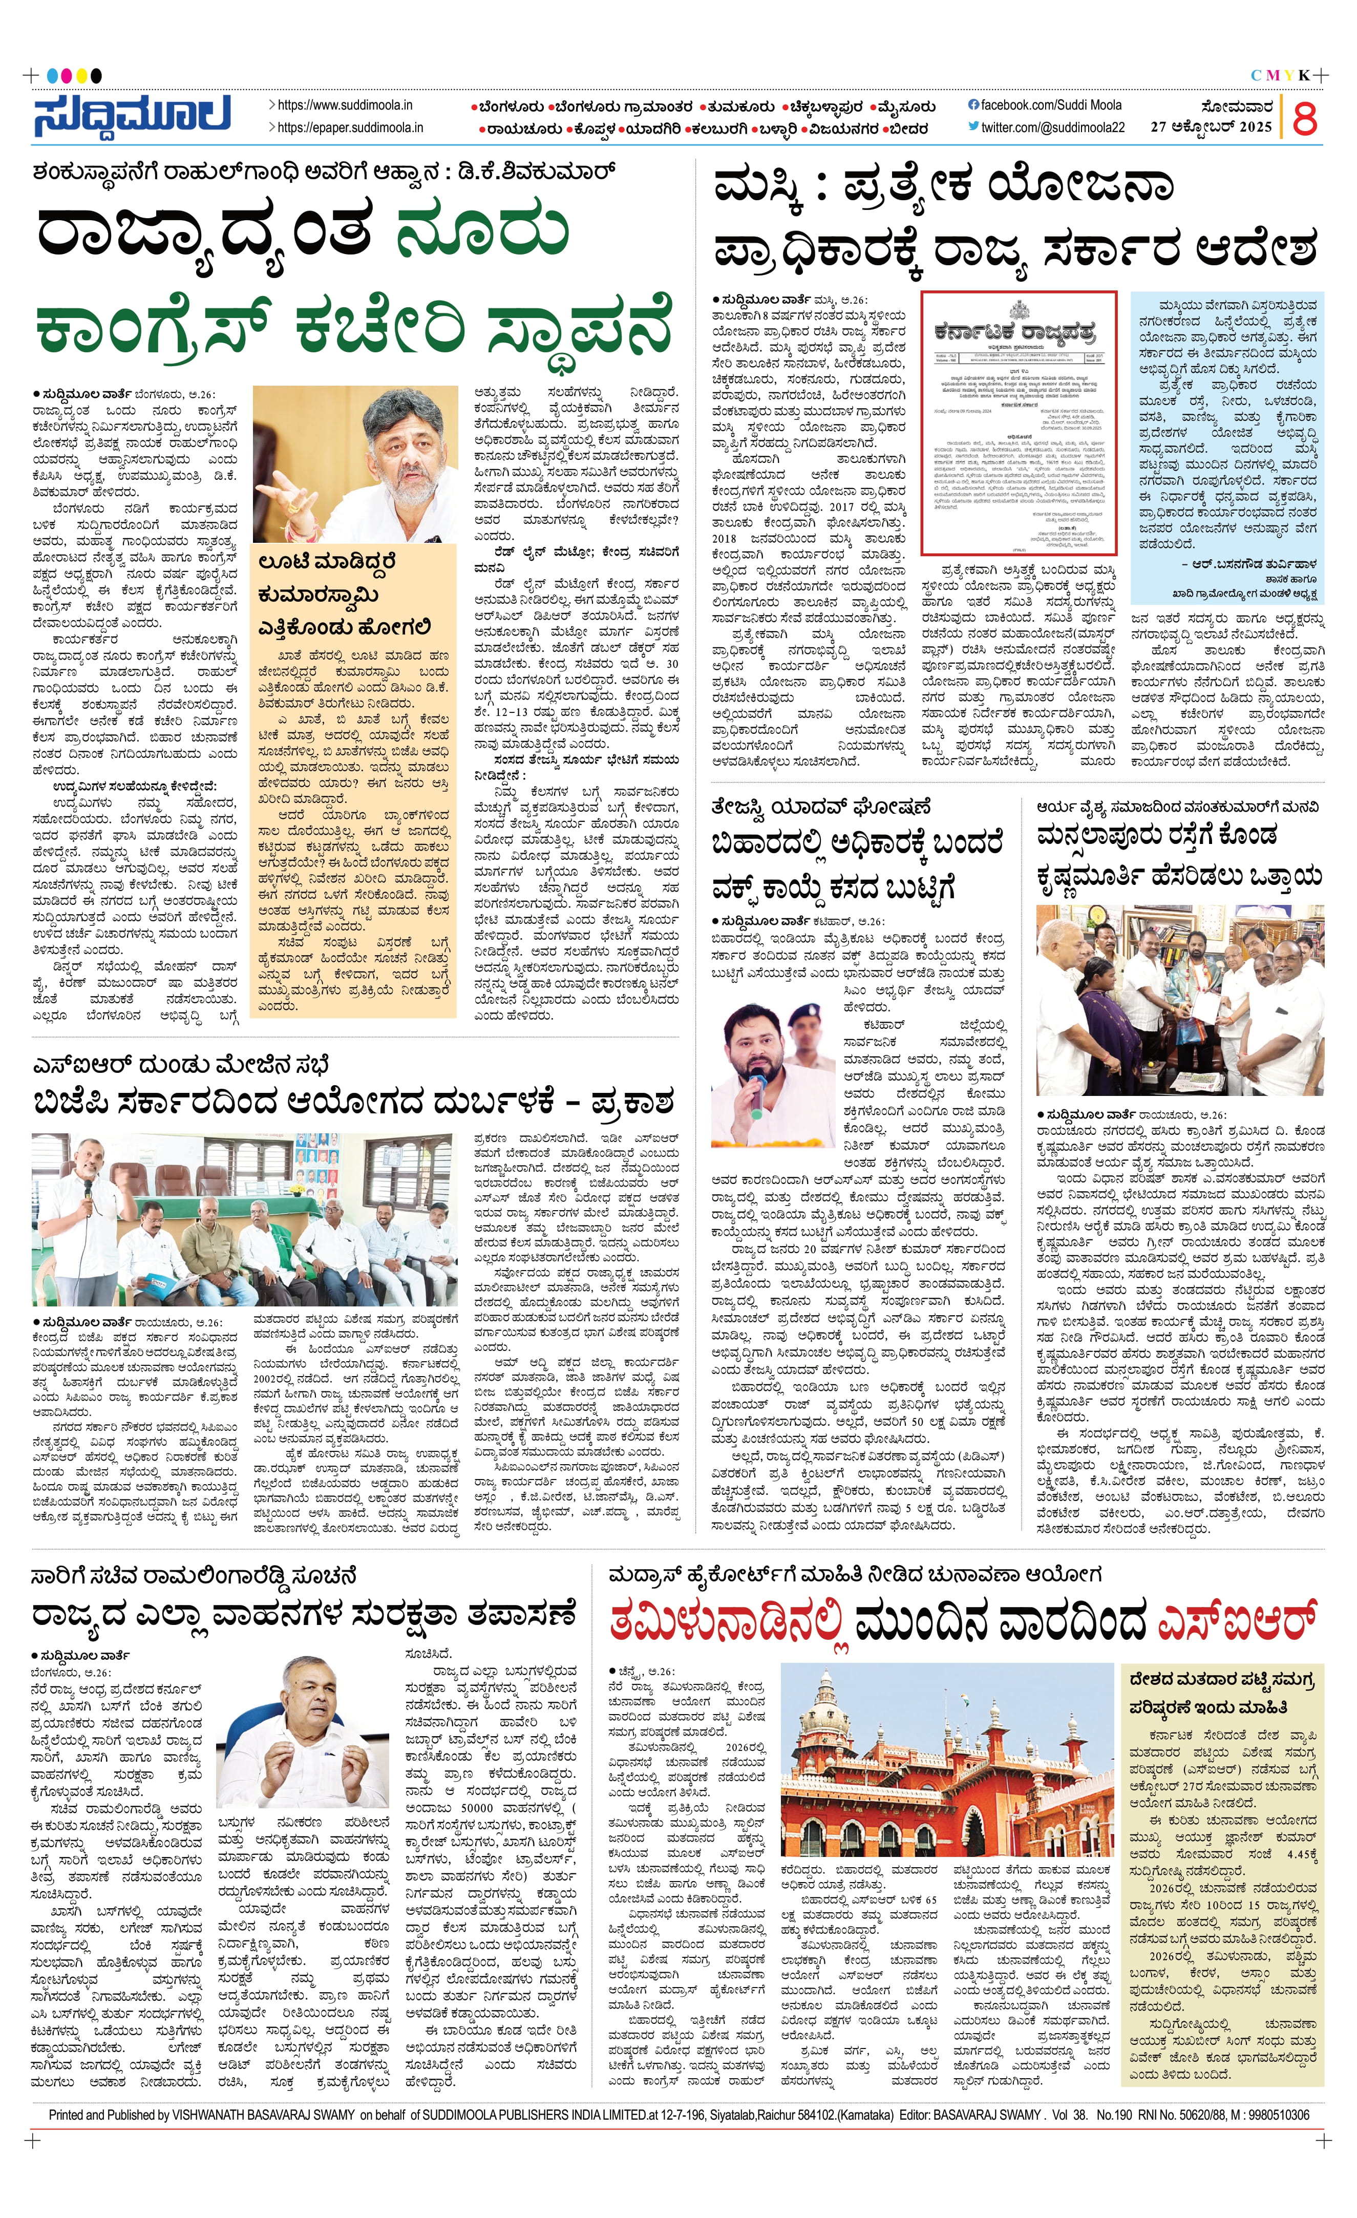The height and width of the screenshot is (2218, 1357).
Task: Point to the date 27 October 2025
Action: click(x=1211, y=127)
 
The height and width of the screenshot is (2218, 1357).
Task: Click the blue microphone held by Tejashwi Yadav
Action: click(x=758, y=1091)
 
